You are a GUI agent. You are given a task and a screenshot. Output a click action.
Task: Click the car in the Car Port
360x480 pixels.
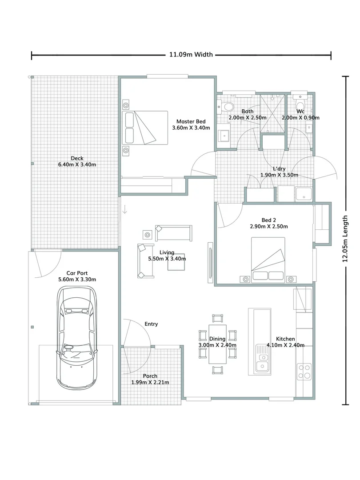pyautogui.click(x=76, y=338)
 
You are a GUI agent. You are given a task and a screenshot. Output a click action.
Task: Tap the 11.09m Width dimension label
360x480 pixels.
pyautogui.click(x=191, y=55)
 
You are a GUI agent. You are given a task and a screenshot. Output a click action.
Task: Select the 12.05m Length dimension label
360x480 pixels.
pyautogui.click(x=345, y=240)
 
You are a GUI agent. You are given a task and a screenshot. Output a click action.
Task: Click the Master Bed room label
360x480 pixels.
pyautogui.click(x=191, y=121)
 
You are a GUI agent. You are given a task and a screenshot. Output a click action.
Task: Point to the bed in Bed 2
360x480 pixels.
pyautogui.click(x=268, y=260)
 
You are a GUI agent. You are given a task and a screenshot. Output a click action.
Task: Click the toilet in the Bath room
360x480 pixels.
pyautogui.click(x=228, y=107)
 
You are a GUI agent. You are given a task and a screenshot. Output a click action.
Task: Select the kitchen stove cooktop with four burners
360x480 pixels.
pyautogui.click(x=304, y=372)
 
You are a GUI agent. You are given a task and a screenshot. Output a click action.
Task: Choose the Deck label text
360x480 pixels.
pyautogui.click(x=77, y=158)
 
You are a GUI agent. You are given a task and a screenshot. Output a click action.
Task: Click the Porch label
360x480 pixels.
pyautogui.click(x=150, y=376)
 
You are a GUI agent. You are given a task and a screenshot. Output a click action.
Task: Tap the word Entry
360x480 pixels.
pyautogui.click(x=151, y=324)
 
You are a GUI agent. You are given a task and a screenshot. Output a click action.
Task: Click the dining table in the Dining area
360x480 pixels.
pyautogui.click(x=218, y=342)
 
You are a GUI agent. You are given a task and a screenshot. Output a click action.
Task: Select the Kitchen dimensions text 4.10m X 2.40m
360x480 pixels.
pyautogui.click(x=285, y=345)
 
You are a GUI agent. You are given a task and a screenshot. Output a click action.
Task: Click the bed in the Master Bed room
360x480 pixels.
pyautogui.click(x=145, y=128)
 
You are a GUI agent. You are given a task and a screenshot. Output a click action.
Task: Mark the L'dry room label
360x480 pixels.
pyautogui.click(x=279, y=168)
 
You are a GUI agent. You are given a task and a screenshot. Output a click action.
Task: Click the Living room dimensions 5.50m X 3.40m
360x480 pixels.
pyautogui.click(x=167, y=259)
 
